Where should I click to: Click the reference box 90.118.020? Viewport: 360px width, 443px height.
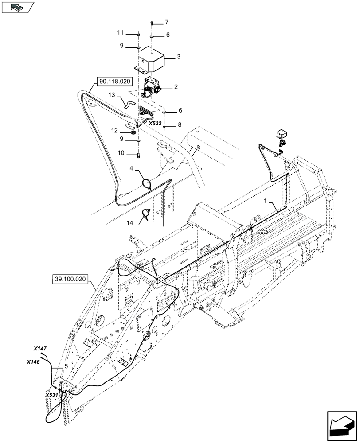tap(110, 82)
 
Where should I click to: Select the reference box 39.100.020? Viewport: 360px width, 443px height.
tap(70, 279)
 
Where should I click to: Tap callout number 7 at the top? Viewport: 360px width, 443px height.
tap(167, 22)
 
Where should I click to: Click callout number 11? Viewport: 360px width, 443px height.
tap(120, 33)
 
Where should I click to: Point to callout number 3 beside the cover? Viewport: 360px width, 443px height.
tap(179, 57)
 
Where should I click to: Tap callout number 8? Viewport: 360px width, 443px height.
tap(180, 125)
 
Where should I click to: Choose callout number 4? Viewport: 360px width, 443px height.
tap(132, 168)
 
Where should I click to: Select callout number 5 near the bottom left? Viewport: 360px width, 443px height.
tap(67, 366)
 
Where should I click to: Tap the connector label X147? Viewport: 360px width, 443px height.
tap(40, 349)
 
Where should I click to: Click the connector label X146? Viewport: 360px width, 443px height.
tap(33, 362)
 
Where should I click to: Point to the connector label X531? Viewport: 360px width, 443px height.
tap(52, 394)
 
